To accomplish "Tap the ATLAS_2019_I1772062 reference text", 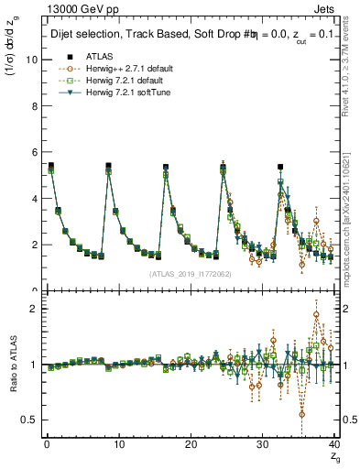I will (x=190, y=274).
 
